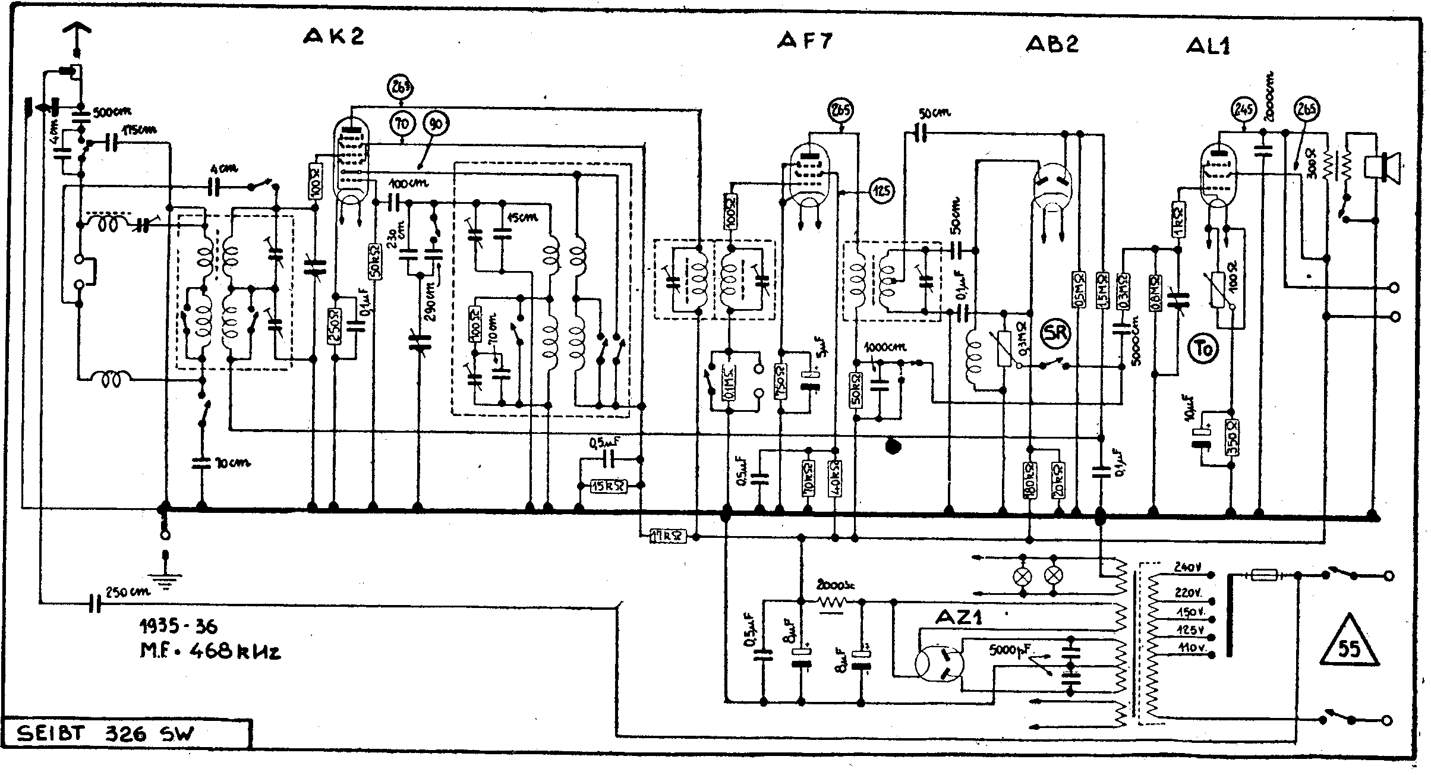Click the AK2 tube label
tap(333, 37)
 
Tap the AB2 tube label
tap(1052, 44)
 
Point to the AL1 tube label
tap(1208, 46)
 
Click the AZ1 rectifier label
tap(958, 618)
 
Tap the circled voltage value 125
tap(882, 191)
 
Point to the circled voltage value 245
tap(1243, 109)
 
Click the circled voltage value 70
tap(403, 124)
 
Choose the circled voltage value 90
tap(436, 124)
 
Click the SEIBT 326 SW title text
tap(106, 734)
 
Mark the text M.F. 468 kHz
tap(209, 651)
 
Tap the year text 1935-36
tap(178, 626)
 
